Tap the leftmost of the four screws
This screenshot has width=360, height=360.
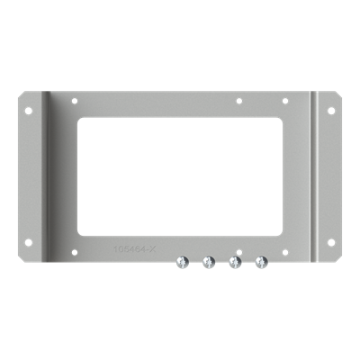[x=181, y=262]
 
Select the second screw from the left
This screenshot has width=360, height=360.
[x=208, y=262]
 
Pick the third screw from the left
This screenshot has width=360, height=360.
[x=235, y=262]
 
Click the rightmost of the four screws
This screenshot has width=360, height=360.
[x=261, y=262]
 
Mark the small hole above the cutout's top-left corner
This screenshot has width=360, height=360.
[x=76, y=101]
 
